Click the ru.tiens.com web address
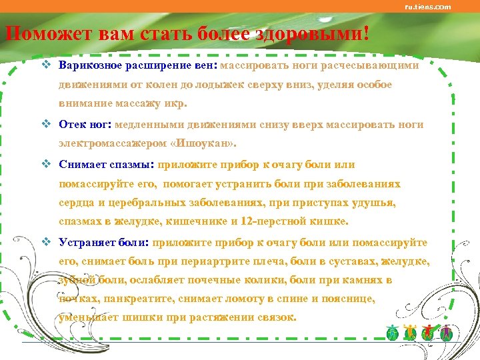click(428, 7)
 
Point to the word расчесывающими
click(379, 66)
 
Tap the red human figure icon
click(429, 333)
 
